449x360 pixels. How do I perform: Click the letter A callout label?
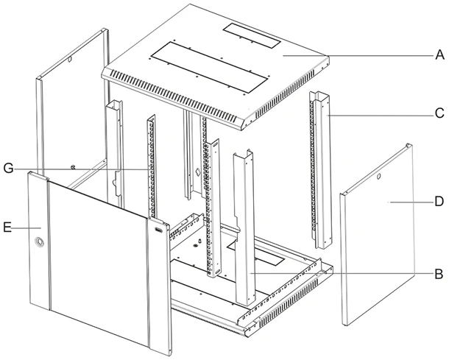439,54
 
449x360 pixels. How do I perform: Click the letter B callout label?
439,274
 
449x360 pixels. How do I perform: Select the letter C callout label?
439,113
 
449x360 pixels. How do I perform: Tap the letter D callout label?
439,202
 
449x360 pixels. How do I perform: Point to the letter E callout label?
7,228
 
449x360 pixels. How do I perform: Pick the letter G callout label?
8,169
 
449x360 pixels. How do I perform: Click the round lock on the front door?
39,241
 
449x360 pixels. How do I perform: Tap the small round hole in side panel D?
378,177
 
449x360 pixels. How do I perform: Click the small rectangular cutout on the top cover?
252,35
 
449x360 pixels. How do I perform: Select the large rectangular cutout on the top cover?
211,67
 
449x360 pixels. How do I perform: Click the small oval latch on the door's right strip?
158,230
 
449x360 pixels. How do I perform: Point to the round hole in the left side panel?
70,60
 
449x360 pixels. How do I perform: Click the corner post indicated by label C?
321,171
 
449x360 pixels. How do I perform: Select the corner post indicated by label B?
244,227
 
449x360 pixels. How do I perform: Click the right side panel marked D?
378,235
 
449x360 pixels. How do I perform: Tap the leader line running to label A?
358,55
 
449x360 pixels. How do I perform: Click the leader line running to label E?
26,228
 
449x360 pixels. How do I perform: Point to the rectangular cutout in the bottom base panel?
255,254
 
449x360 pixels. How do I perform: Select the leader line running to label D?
411,202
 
